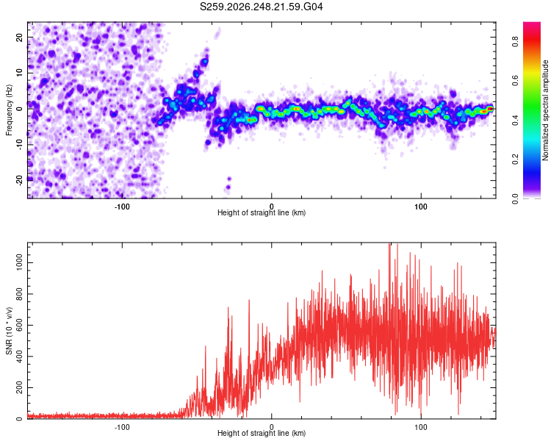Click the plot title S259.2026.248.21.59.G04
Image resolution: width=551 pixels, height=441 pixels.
click(261, 7)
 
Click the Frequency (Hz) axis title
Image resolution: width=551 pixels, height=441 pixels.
click(9, 110)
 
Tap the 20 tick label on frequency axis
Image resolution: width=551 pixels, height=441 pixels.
click(20, 37)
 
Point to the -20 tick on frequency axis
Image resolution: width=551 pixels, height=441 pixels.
click(20, 180)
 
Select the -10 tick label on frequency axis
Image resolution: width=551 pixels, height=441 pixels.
click(20, 145)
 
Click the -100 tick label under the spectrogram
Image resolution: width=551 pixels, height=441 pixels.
click(122, 207)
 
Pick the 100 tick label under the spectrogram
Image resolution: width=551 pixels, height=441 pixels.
click(421, 207)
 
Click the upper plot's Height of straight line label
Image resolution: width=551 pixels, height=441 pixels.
click(262, 212)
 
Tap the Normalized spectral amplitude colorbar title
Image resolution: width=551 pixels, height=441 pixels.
click(545, 110)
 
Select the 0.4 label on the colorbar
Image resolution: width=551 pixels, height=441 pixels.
click(515, 121)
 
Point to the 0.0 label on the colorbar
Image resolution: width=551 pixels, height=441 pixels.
click(515, 198)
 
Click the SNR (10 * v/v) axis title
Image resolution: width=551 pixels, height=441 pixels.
click(9, 331)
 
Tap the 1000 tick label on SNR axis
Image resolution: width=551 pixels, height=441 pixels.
click(20, 262)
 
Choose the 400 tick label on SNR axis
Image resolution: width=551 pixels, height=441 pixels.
click(20, 356)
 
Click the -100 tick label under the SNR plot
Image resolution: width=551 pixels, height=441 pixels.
click(122, 427)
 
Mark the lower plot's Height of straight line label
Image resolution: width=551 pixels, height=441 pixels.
click(262, 433)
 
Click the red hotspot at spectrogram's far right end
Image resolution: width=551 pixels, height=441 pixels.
click(490, 109)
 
